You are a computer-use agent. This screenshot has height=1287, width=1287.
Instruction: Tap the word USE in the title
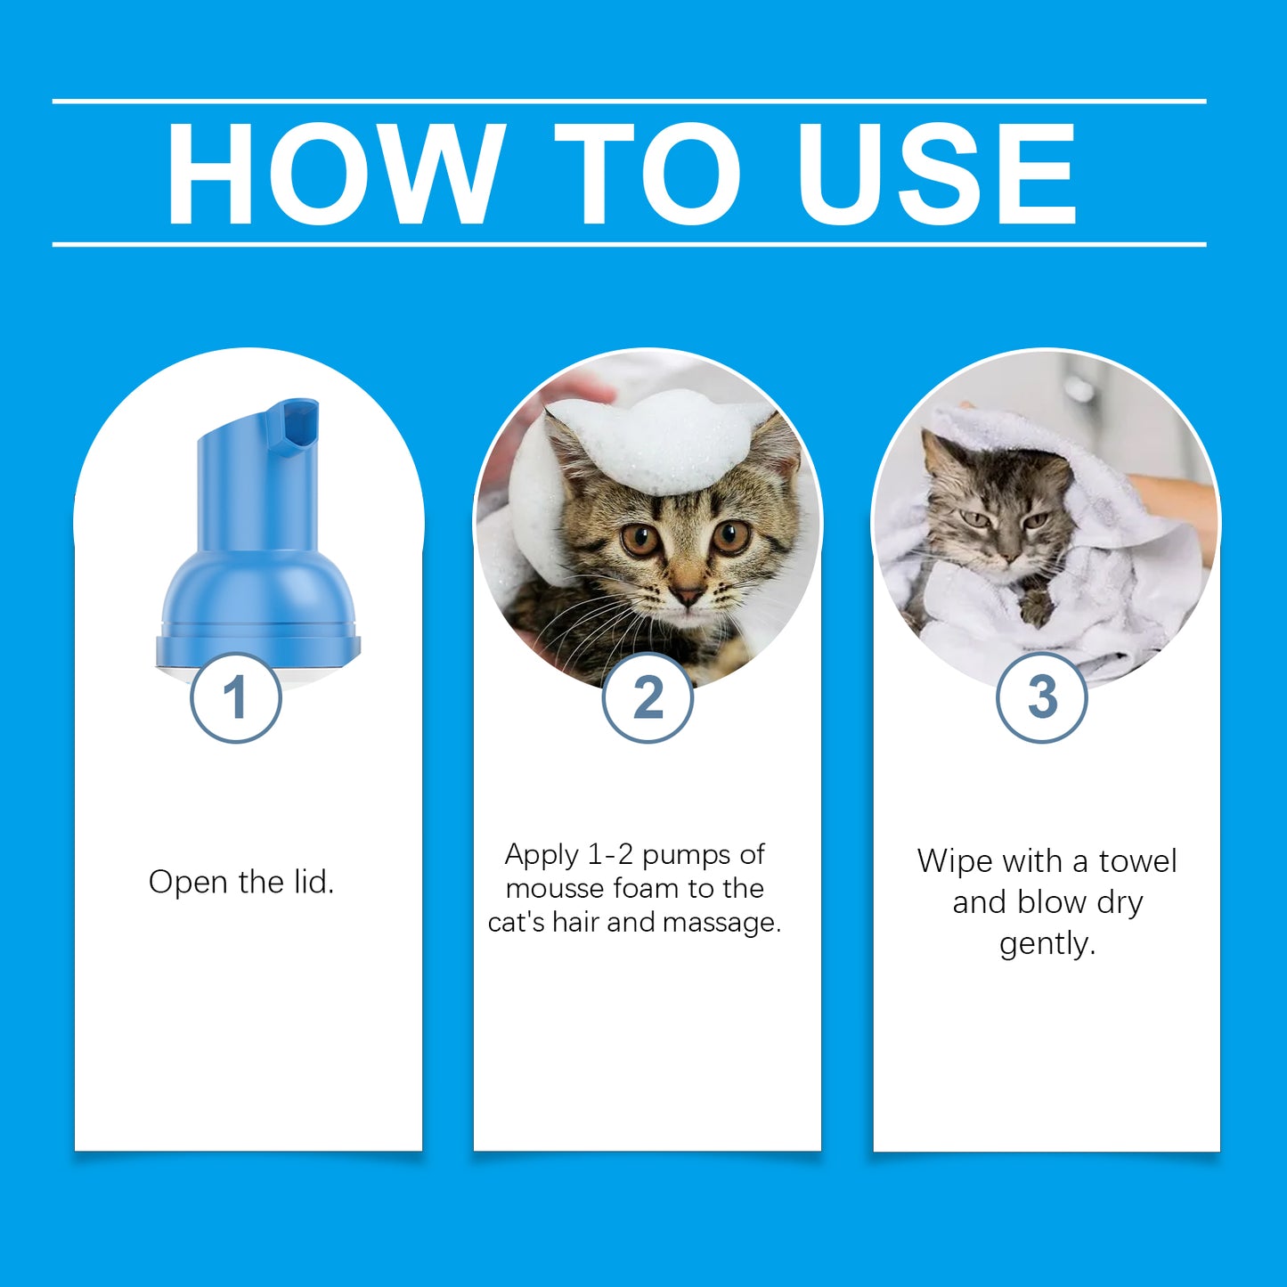pyautogui.click(x=936, y=173)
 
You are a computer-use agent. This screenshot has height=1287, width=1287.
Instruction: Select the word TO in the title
pyautogui.click(x=648, y=173)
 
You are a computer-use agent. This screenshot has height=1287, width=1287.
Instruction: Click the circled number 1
pyautogui.click(x=236, y=697)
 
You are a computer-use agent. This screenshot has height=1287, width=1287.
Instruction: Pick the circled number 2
pyautogui.click(x=648, y=697)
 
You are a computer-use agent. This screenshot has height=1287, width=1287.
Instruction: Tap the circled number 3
pyautogui.click(x=1041, y=697)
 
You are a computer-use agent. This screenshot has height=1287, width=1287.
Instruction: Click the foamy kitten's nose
pyautogui.click(x=687, y=595)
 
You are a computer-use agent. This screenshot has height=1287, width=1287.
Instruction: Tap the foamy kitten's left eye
pyautogui.click(x=640, y=540)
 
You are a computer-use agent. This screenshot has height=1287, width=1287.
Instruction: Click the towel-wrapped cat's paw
pyautogui.click(x=1035, y=610)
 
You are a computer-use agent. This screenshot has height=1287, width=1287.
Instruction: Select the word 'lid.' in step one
pyautogui.click(x=314, y=882)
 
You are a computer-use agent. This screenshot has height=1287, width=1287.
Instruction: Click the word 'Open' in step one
pyautogui.click(x=188, y=882)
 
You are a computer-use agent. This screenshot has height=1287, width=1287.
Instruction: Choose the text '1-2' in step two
pyautogui.click(x=610, y=854)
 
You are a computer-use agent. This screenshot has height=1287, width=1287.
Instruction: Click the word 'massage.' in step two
pyautogui.click(x=721, y=922)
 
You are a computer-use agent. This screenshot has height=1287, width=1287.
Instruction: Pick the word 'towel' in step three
pyautogui.click(x=1137, y=861)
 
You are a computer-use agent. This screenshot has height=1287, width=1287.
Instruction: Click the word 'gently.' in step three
pyautogui.click(x=1047, y=943)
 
